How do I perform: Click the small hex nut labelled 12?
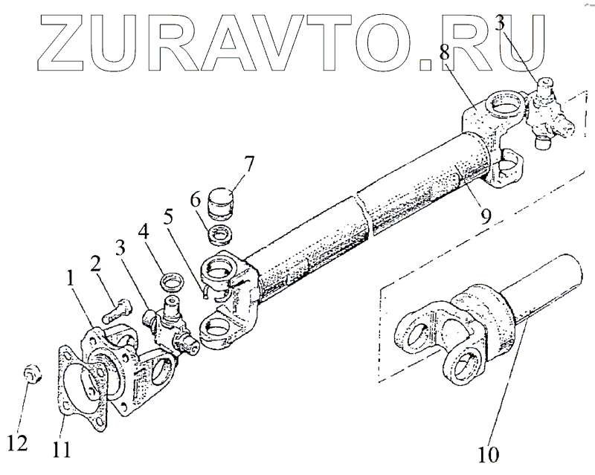click(32, 373)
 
